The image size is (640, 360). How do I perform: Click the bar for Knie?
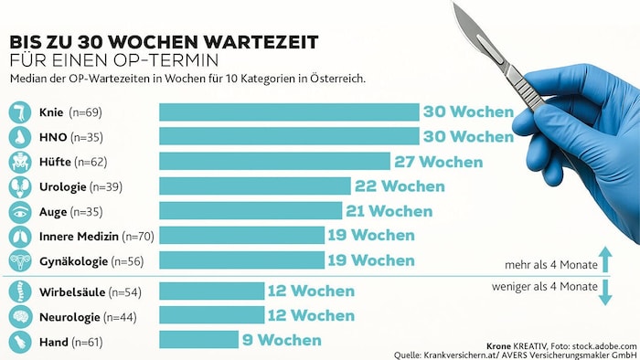(x=289, y=112)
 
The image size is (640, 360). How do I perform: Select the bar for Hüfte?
(x=274, y=162)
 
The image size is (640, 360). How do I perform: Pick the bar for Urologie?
(x=254, y=186)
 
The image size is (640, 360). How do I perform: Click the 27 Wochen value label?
(x=440, y=162)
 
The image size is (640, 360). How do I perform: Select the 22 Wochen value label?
(x=400, y=186)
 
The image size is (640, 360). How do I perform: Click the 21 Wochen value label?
(x=389, y=211)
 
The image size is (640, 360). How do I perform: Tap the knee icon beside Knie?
(x=19, y=112)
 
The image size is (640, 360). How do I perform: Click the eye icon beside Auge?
(x=19, y=211)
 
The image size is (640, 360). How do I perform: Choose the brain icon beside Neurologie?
(x=19, y=316)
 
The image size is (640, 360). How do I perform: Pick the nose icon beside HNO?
(x=19, y=137)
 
